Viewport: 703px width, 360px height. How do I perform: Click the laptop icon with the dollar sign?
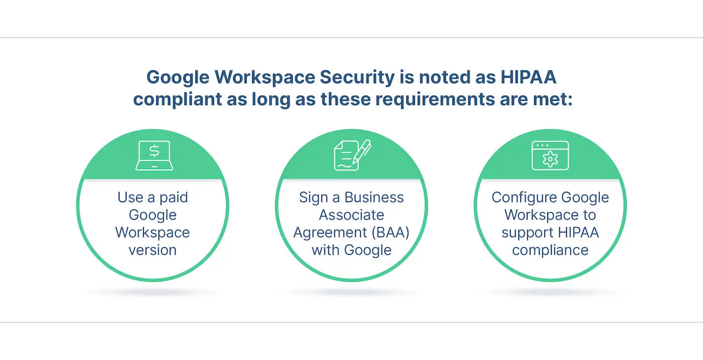tap(154, 155)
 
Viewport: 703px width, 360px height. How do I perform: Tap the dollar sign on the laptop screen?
tap(154, 151)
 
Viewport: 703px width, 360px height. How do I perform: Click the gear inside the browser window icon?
tap(550, 159)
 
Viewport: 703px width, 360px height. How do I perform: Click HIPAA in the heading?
tap(528, 77)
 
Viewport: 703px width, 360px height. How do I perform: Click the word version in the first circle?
tap(153, 250)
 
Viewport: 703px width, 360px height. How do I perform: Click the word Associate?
tap(351, 215)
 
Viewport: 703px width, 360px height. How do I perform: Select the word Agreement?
tap(324, 232)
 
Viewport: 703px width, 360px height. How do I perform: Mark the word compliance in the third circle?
tap(550, 250)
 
